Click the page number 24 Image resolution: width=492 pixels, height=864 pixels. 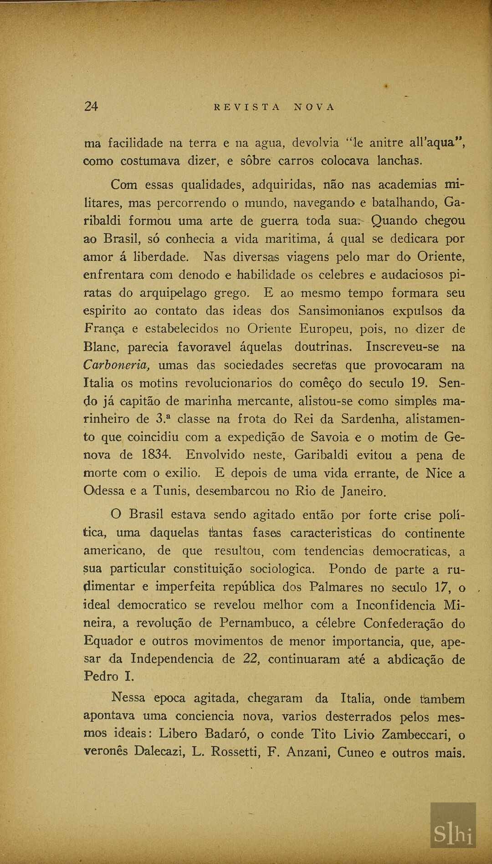click(91, 106)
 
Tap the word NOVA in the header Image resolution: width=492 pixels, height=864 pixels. click(314, 107)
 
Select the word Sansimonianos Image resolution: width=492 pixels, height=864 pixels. click(341, 311)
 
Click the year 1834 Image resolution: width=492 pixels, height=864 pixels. click(157, 455)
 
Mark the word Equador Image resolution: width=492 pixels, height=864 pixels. click(108, 641)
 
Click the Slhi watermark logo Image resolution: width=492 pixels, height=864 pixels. click(453, 834)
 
